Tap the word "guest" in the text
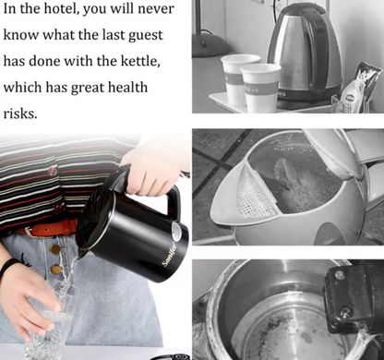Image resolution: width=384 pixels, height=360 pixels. [146, 36]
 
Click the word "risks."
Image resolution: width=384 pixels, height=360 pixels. [20, 114]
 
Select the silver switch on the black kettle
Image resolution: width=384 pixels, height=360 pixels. [176, 231]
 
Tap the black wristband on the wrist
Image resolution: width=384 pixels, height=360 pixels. [8, 267]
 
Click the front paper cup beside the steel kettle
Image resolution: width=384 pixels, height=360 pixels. [261, 88]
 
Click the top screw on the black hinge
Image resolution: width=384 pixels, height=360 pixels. [340, 274]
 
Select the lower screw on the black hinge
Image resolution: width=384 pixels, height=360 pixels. [347, 312]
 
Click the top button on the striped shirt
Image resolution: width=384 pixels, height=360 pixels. [53, 171]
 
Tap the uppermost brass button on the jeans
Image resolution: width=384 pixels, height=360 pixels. [54, 249]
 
